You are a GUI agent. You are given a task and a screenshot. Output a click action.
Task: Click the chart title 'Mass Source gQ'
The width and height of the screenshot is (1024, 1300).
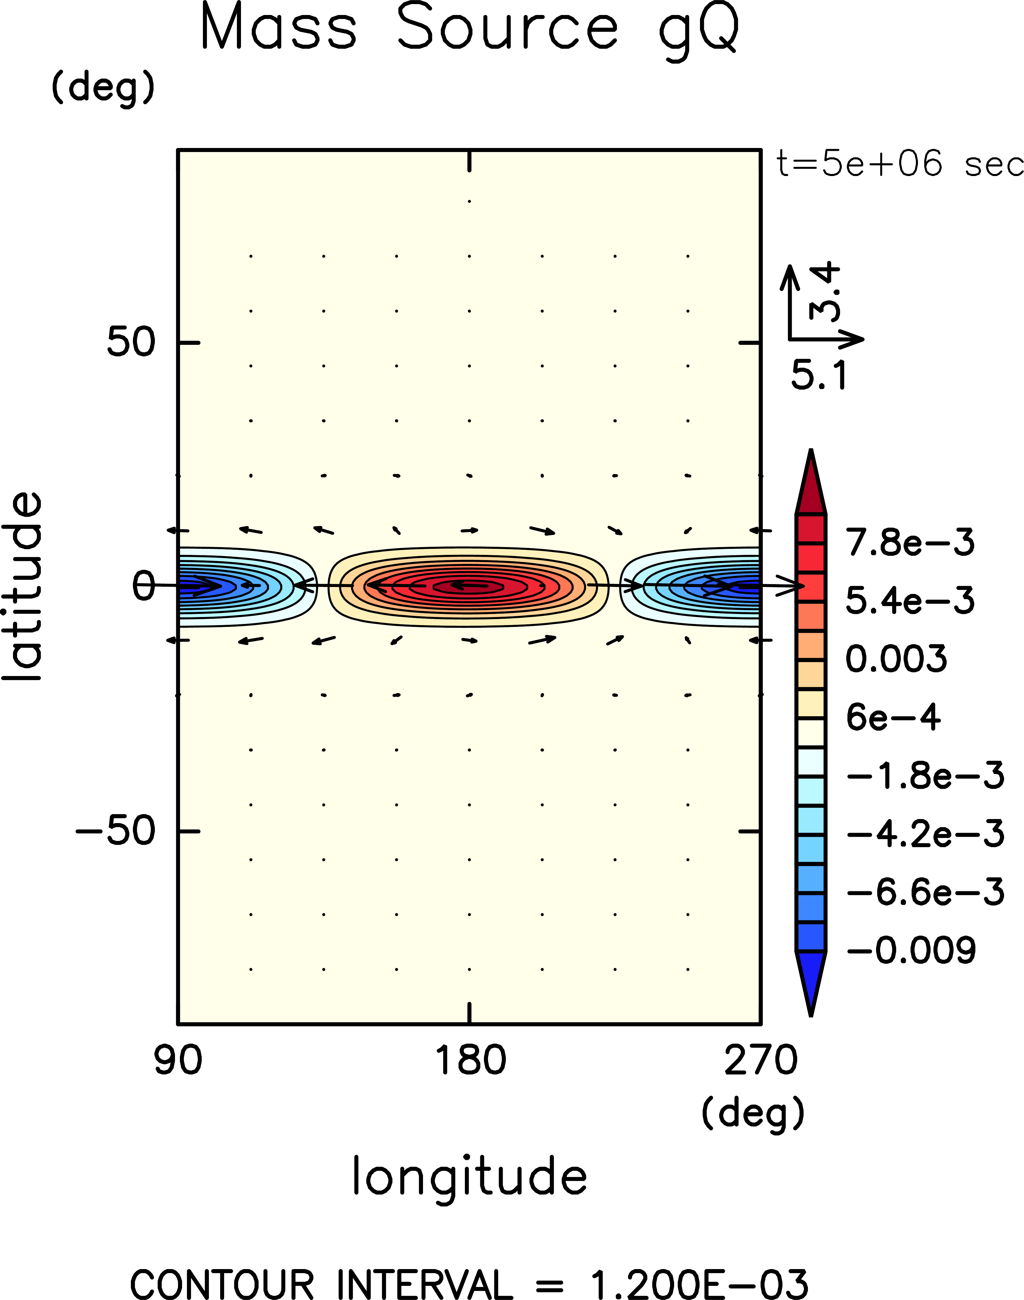click(470, 29)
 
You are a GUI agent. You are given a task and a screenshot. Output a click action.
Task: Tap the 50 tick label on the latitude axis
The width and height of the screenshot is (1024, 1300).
click(131, 342)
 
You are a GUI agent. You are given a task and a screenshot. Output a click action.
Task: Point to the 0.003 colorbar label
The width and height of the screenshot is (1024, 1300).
click(896, 659)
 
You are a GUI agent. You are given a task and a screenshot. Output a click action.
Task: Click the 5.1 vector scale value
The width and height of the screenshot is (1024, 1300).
click(819, 376)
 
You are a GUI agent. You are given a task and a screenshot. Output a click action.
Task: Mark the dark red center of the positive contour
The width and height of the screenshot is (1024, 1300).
click(470, 586)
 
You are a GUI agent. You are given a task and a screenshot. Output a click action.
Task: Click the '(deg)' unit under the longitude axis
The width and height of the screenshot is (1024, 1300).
click(753, 1114)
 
